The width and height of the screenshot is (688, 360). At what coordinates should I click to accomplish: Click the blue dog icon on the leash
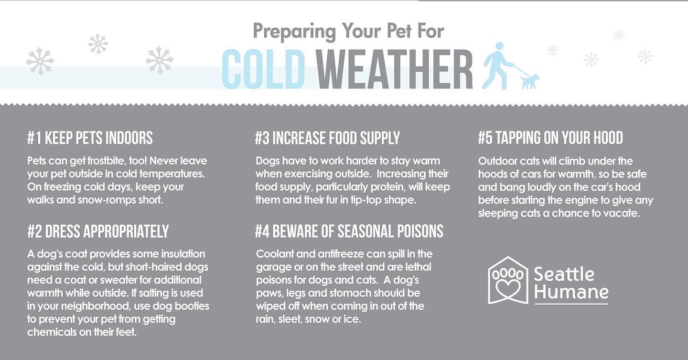coord(529,81)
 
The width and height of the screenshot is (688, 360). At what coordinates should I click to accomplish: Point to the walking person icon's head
coord(499,46)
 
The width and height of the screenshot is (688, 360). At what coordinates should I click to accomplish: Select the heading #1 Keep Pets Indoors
coord(90,138)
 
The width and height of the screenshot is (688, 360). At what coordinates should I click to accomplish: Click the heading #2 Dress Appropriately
coord(98,231)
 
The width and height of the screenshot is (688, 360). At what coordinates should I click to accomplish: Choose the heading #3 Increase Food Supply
coord(327,138)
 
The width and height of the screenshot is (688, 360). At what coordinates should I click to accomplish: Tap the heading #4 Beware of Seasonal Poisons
coord(349,231)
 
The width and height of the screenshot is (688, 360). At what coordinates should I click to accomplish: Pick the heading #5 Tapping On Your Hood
coord(550,138)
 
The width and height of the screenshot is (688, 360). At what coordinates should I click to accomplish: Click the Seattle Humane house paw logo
coord(508,280)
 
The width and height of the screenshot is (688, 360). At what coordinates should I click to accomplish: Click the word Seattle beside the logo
coord(564,274)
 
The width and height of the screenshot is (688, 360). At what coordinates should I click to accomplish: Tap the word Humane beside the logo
coord(571,292)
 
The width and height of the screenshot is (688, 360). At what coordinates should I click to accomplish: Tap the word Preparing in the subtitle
coord(294,32)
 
